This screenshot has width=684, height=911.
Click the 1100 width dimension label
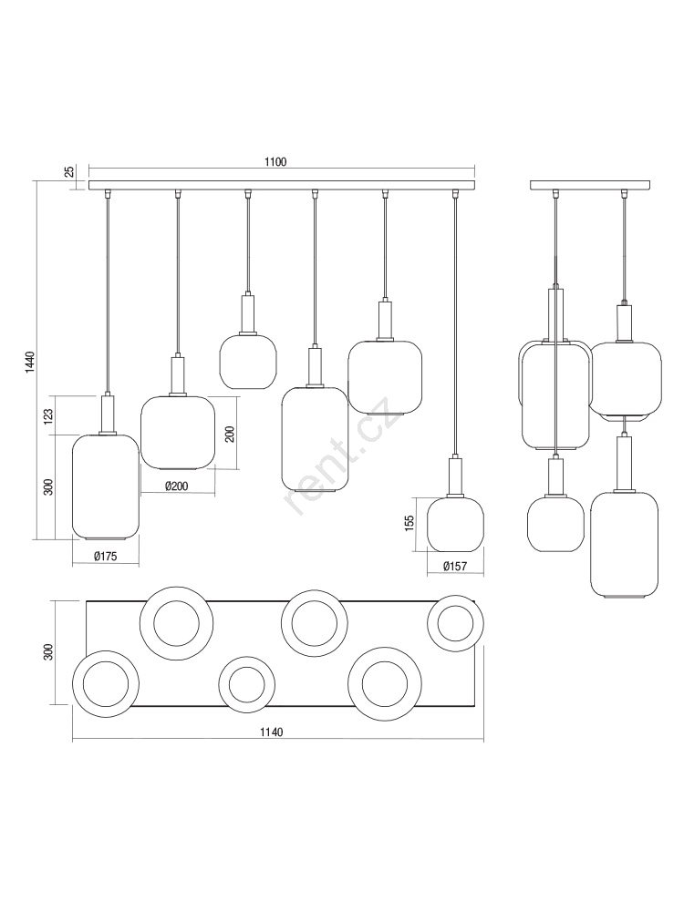click(275, 162)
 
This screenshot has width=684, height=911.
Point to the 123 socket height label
click(48, 415)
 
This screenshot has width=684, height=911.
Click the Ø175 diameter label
click(105, 556)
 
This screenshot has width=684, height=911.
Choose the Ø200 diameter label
click(176, 486)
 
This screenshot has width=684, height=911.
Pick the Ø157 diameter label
click(455, 566)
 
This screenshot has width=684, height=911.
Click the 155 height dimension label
click(409, 523)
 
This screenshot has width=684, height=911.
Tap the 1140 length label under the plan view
click(271, 732)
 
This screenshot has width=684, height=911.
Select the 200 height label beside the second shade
click(230, 434)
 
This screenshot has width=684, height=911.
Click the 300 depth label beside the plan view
click(48, 652)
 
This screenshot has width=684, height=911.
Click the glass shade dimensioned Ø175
click(105, 486)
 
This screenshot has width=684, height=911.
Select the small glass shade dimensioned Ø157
click(455, 524)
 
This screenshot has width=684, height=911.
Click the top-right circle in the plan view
click(455, 623)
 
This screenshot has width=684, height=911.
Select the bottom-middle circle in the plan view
click(246, 684)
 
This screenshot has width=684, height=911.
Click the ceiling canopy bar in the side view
click(590, 185)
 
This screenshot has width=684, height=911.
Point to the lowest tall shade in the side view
click(624, 545)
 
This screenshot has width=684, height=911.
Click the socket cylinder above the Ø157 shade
click(455, 476)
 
